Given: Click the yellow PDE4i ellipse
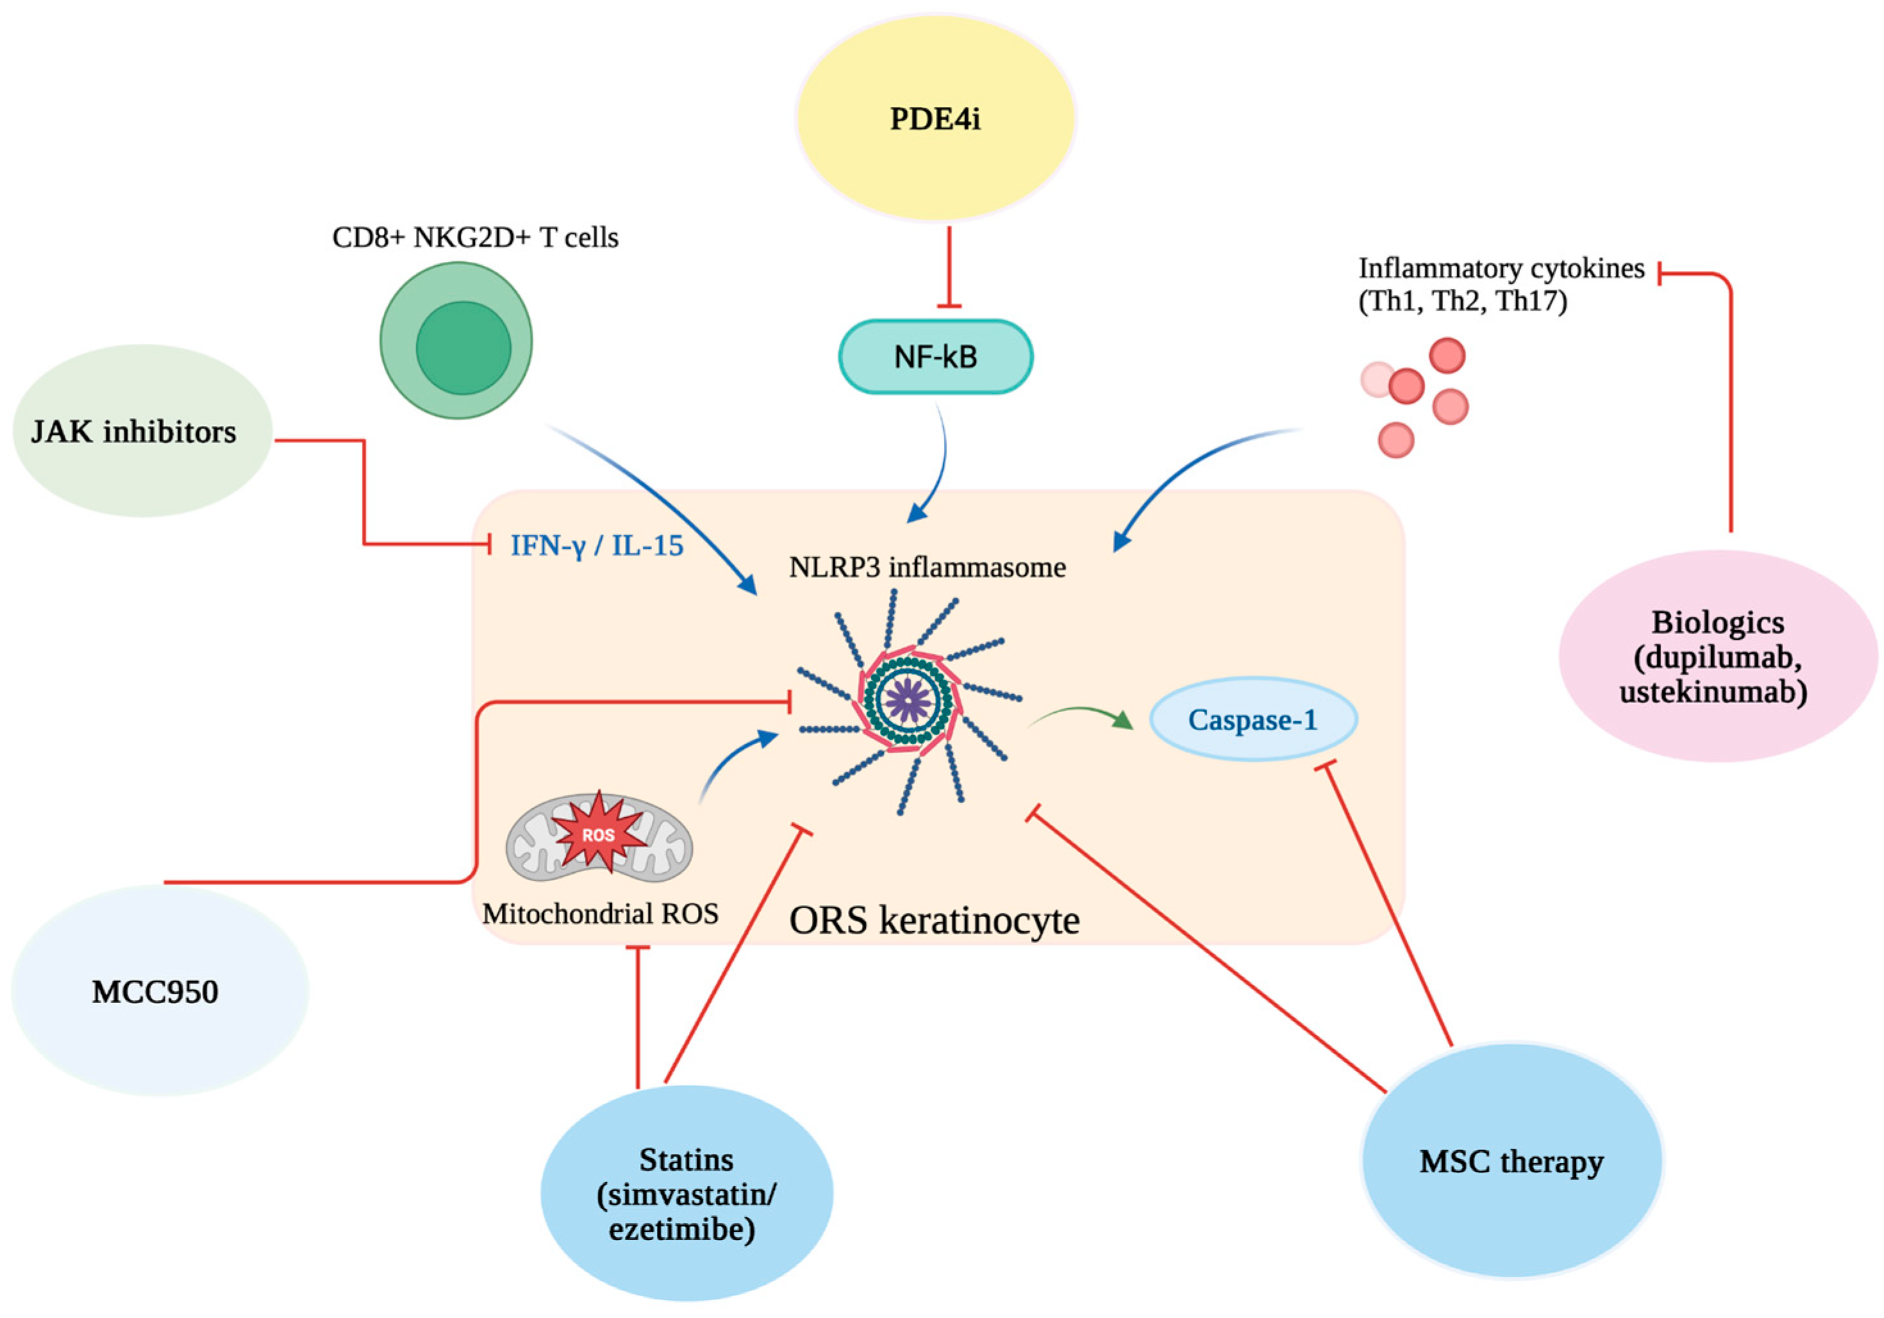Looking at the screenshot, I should coord(936,119).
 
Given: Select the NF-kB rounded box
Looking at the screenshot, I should coord(936,357).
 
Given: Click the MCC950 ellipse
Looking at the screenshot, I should coord(158,991).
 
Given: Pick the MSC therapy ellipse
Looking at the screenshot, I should coord(1512,1161).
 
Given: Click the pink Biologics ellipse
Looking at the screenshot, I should coord(1717,656).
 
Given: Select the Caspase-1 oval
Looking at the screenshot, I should coord(1253,719).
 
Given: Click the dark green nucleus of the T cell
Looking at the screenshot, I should coord(463,348).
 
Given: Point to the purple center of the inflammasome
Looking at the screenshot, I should coord(909,701).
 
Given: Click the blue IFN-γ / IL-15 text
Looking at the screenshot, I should coord(597,546).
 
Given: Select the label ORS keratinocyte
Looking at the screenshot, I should coord(934,920).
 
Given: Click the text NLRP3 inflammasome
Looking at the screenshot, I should coord(927,567).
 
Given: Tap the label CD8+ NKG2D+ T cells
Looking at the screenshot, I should coord(475,237).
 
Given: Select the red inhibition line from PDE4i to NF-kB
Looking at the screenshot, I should coord(950,266).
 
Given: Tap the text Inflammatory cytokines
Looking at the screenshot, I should coord(1501,268).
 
